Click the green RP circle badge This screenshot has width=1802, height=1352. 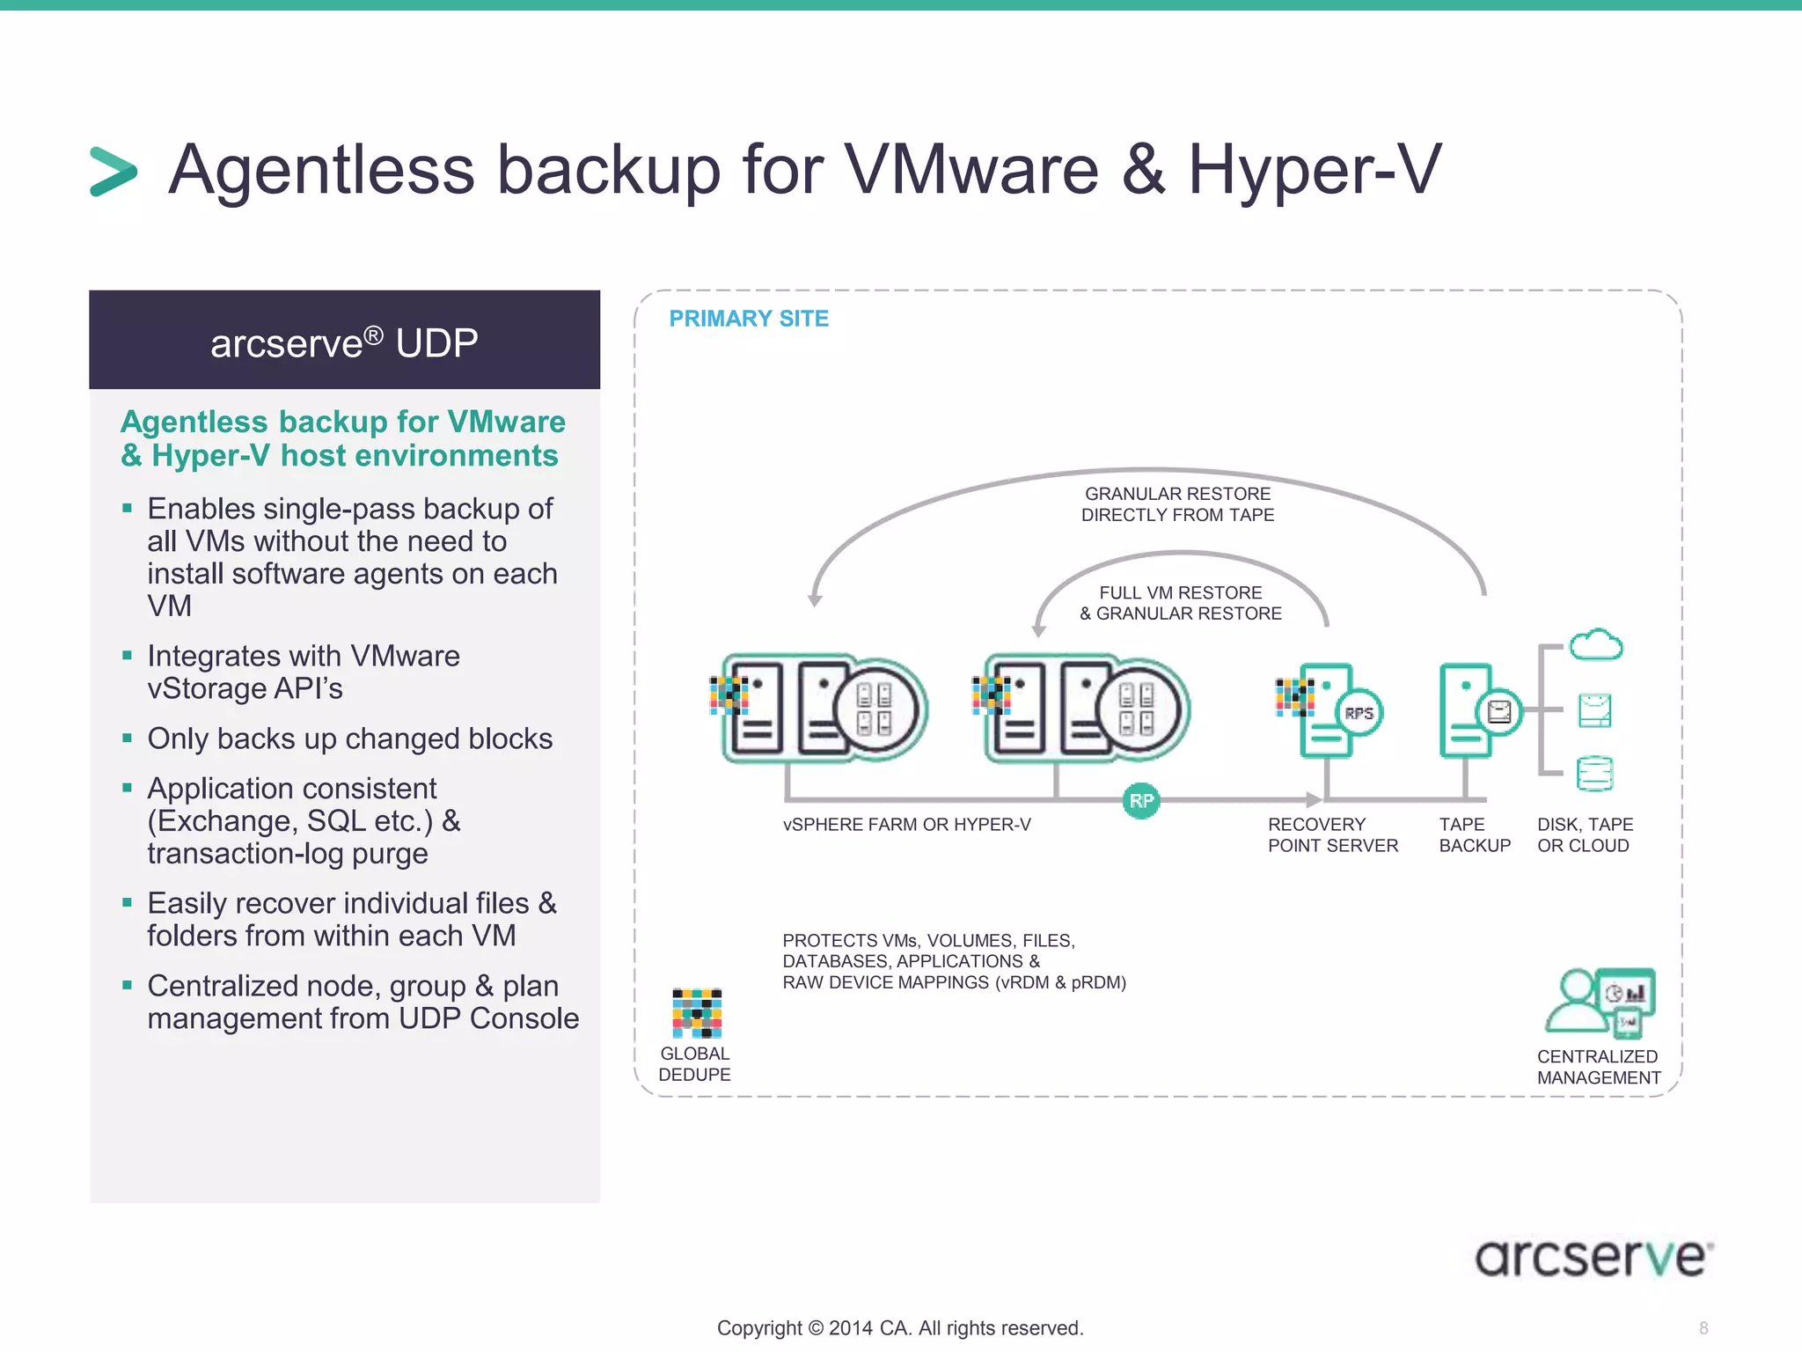[1141, 801]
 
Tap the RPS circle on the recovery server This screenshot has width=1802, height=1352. [1359, 713]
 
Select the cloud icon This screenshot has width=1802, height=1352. [1596, 645]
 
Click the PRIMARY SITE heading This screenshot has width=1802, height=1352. [749, 319]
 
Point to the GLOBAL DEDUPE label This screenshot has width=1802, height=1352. [694, 1064]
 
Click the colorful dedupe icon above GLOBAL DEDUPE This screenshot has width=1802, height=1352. [697, 1013]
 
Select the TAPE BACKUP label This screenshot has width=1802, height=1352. [1475, 835]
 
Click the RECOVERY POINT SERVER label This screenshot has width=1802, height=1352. [1332, 835]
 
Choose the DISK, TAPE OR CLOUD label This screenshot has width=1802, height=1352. [1585, 835]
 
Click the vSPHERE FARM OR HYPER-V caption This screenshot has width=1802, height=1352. [906, 825]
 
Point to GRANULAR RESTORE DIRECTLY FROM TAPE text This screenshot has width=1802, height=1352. [1177, 504]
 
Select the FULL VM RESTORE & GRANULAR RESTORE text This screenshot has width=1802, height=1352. [1181, 603]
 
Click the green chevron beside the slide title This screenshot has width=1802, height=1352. [114, 171]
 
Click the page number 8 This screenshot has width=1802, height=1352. [1703, 1328]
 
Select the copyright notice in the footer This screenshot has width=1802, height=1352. [900, 1328]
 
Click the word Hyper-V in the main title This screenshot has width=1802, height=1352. [1315, 169]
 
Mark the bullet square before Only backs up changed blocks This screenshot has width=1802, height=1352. [128, 738]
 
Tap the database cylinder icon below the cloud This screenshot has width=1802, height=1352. [1594, 774]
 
